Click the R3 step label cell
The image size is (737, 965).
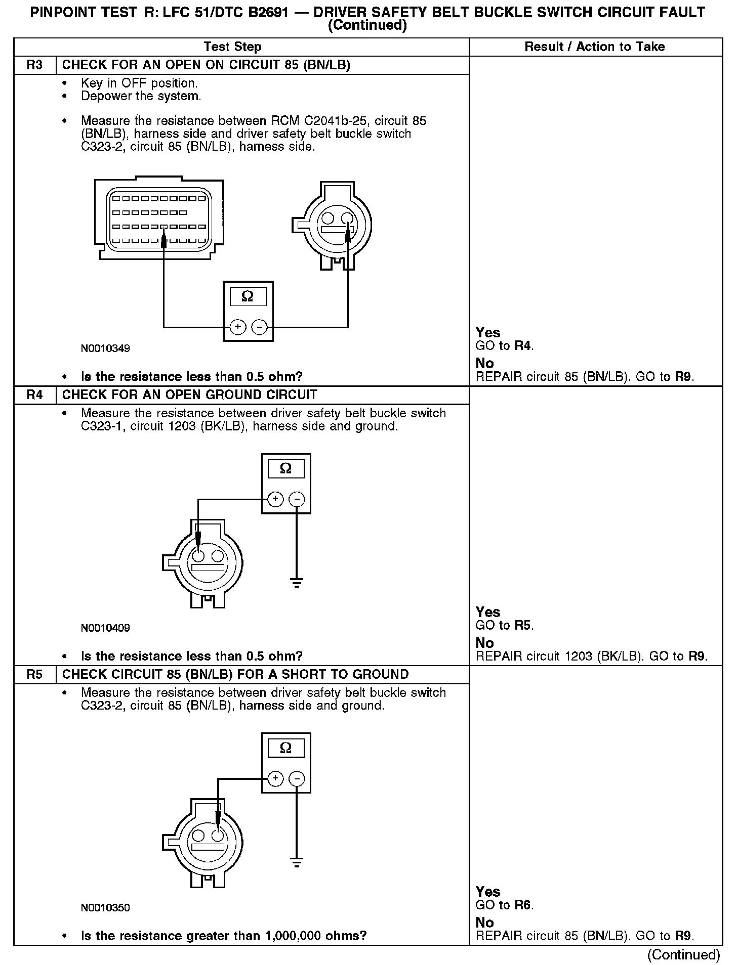[34, 65]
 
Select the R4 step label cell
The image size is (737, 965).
[34, 395]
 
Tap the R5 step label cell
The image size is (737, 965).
[34, 675]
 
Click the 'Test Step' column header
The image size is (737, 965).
[232, 47]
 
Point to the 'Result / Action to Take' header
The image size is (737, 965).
[594, 47]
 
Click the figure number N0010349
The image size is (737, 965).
[105, 348]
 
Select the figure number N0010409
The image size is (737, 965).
[105, 628]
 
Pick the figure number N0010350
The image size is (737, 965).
[105, 908]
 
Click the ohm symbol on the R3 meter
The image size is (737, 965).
[248, 296]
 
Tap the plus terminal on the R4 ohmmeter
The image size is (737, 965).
[275, 500]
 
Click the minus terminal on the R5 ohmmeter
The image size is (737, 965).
[297, 778]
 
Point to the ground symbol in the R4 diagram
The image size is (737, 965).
[297, 583]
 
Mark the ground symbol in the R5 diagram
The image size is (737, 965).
[297, 862]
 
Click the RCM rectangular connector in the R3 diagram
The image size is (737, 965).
[159, 218]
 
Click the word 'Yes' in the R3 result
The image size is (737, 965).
[488, 333]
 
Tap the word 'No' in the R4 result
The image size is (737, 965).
[484, 643]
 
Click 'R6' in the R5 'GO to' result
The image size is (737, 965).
[523, 905]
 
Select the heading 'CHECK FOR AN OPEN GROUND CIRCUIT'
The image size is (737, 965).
[190, 395]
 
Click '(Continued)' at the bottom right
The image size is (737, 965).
[683, 954]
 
